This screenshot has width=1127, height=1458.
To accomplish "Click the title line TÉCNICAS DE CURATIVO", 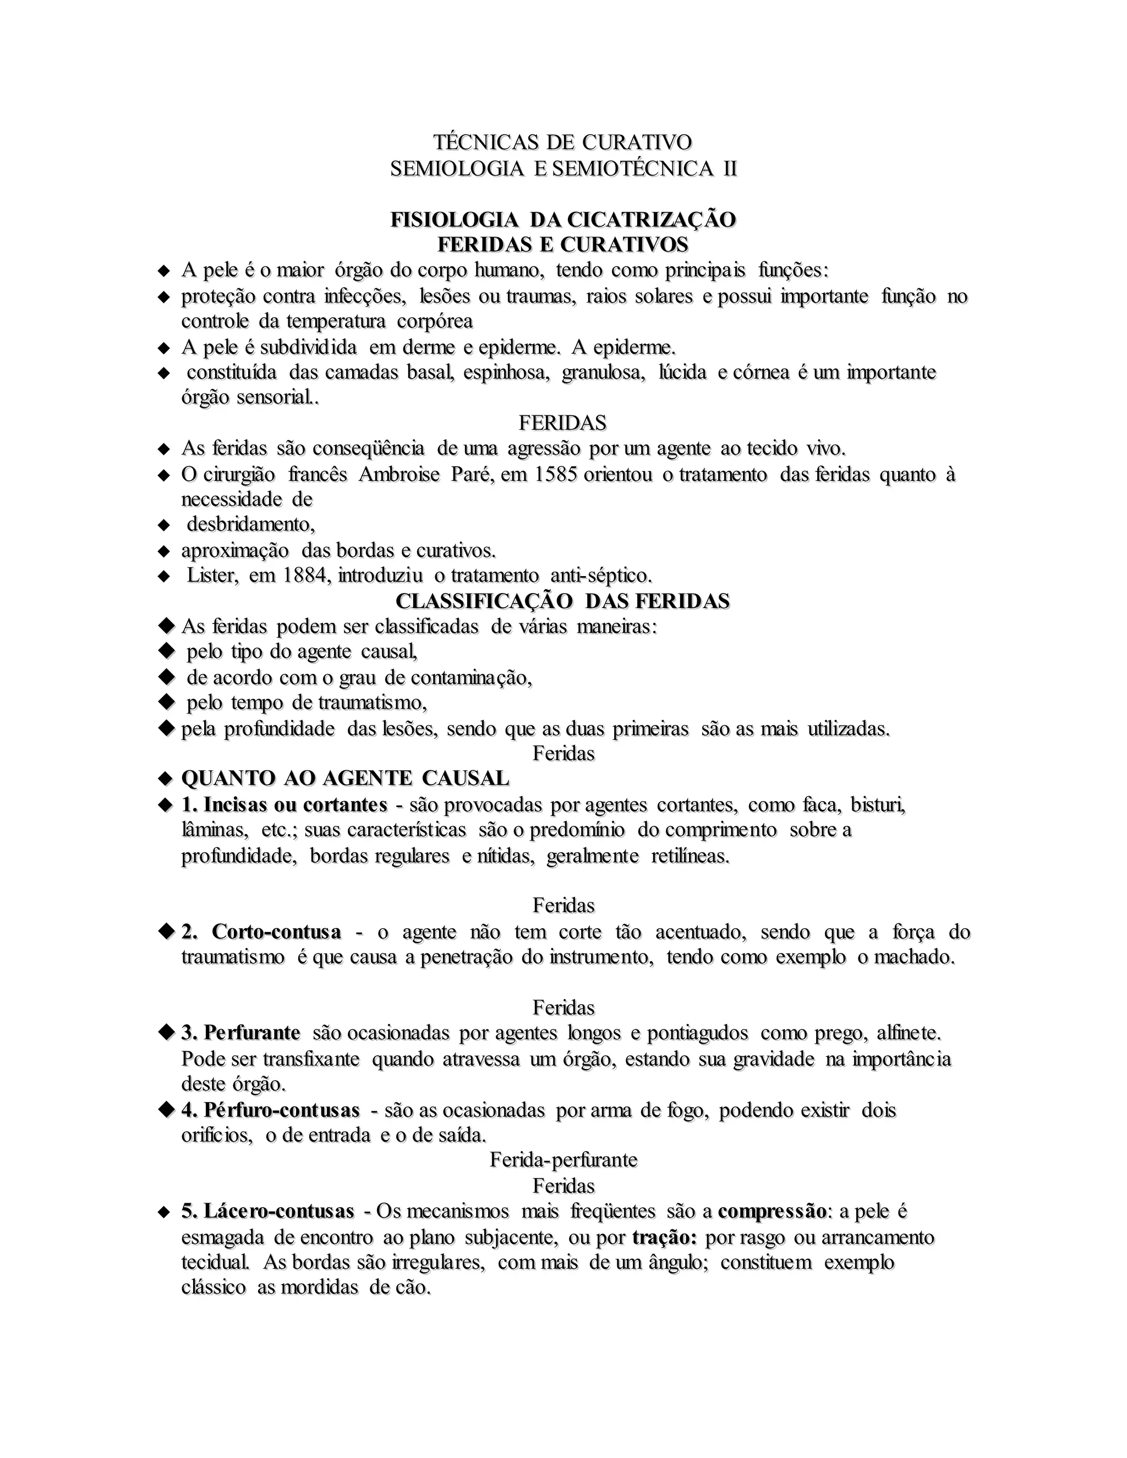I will [563, 142].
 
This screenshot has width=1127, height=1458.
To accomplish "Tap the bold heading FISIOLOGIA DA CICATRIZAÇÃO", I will [563, 220].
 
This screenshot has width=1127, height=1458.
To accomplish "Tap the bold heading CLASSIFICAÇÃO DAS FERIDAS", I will [563, 601].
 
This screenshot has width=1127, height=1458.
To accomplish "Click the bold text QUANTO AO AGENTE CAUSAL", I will [345, 779].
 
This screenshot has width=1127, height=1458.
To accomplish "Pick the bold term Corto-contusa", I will [276, 932].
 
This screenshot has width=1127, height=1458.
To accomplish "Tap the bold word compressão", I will [773, 1212].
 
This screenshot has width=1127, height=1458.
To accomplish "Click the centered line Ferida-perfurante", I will [563, 1160].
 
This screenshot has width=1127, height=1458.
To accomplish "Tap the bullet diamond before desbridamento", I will [164, 525].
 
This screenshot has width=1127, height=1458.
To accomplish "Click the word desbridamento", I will [250, 525].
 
